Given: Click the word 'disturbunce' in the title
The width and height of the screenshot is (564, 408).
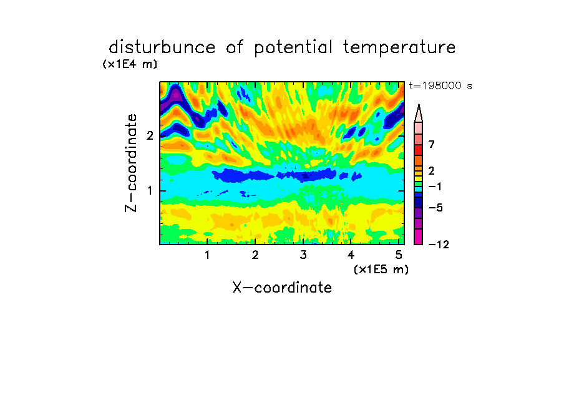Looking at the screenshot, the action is [x=162, y=47].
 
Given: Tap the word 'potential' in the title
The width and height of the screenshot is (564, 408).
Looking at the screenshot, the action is [x=293, y=48].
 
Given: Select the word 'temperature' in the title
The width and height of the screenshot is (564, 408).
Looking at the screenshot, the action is [x=399, y=48].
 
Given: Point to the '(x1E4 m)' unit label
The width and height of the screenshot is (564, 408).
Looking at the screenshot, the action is [x=130, y=64].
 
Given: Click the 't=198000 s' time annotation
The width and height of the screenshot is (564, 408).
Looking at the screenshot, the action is [x=440, y=85].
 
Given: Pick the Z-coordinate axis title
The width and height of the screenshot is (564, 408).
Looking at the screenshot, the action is [x=131, y=163].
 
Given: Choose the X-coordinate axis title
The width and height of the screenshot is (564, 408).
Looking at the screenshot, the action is [x=282, y=288].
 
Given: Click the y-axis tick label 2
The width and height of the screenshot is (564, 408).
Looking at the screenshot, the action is [x=150, y=135].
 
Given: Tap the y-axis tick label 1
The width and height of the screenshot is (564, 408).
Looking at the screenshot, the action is [x=150, y=191].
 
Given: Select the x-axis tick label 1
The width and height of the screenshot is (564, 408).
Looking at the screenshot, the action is [x=207, y=255].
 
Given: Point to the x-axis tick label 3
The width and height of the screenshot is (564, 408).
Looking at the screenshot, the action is [x=303, y=255].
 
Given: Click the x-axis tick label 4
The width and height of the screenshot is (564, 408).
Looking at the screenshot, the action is [x=351, y=255].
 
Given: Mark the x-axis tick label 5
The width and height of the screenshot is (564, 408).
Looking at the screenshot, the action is [x=399, y=255].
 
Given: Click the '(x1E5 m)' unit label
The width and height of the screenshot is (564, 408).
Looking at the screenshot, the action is [x=381, y=270].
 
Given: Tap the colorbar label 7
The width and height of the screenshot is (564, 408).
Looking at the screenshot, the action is [x=432, y=145].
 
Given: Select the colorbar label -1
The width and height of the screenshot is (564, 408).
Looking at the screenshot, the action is [x=435, y=187].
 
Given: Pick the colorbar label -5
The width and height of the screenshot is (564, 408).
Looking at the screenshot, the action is [x=435, y=208].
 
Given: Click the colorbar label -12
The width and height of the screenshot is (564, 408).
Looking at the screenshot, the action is [x=439, y=245].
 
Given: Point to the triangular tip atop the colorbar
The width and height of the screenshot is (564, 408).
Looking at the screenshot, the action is [x=419, y=105].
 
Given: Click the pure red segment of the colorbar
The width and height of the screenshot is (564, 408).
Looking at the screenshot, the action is [x=419, y=150].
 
